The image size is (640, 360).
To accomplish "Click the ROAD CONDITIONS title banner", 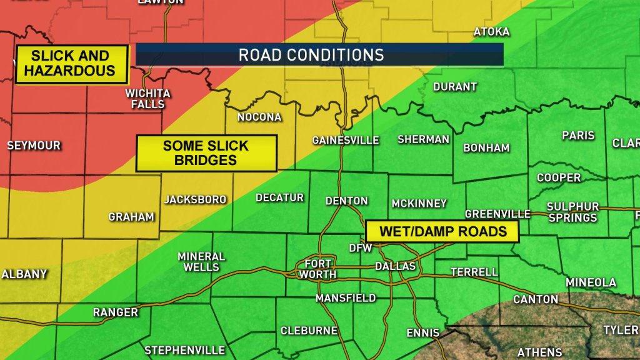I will point(319,54).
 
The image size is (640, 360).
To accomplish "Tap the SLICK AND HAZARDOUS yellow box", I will point(70,63).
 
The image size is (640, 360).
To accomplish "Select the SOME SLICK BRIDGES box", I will point(206,153).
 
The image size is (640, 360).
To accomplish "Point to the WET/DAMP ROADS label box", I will point(443,231).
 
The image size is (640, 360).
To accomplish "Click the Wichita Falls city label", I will point(148,99).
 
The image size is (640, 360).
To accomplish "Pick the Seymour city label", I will point(34,146).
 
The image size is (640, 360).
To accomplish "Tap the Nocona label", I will point(259,117).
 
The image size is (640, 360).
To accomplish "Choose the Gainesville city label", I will point(346,140).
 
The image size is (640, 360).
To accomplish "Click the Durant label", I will point(455,86).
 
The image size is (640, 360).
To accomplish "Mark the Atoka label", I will point(492,31).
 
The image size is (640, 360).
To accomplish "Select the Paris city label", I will point(578,135).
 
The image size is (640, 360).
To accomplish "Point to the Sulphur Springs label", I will point(573,212).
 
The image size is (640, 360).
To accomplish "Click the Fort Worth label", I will point(317,269).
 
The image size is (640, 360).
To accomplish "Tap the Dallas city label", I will point(396,266).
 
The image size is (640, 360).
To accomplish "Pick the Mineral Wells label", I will point(201,261).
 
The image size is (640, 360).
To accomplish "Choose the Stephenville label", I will point(185,350).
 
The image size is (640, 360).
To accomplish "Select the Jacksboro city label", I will point(196,199).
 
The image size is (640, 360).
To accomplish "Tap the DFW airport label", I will point(361,248).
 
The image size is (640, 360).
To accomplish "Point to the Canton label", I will point(536,299).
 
